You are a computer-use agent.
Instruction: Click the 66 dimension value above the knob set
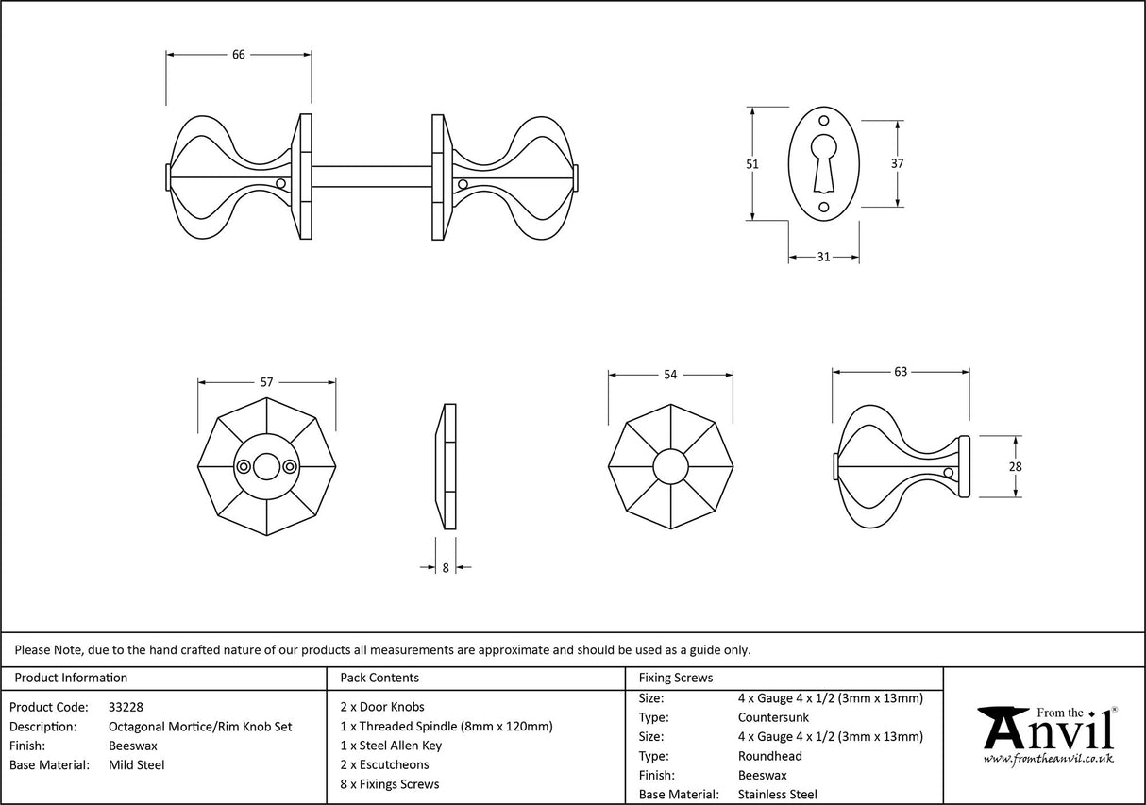point(239,55)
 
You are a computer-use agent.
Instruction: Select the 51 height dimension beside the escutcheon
point(752,163)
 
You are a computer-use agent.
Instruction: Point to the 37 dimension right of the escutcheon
point(897,163)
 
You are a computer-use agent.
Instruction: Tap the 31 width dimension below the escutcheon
point(823,257)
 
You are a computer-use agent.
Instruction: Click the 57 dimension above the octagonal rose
point(266,382)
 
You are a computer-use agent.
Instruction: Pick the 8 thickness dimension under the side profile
point(446,568)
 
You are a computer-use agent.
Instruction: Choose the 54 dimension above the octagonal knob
point(670,375)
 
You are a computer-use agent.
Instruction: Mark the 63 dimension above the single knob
point(900,372)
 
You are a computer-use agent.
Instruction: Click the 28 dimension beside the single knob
point(1016,466)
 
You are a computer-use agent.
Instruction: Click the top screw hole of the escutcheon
point(823,121)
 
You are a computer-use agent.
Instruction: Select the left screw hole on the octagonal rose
point(244,466)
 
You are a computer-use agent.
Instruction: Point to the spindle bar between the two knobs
point(371,176)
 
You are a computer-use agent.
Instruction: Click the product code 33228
point(126,707)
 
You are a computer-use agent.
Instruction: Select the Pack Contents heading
point(379,678)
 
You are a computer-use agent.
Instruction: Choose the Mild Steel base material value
point(137,765)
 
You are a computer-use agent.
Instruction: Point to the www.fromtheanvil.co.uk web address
point(1048,758)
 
